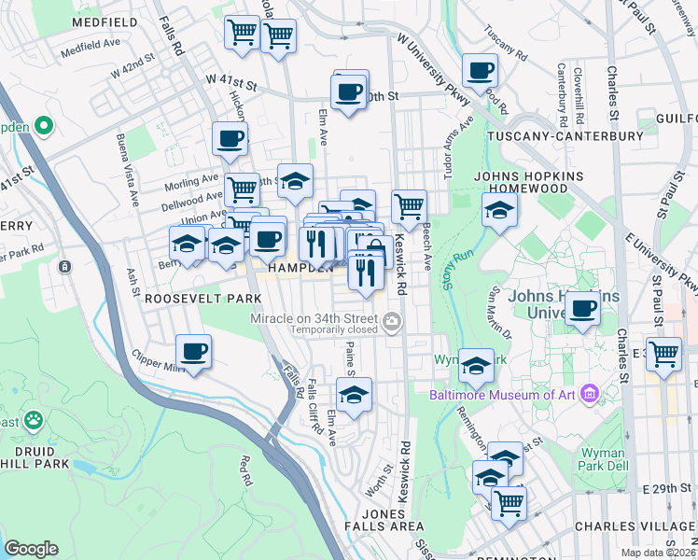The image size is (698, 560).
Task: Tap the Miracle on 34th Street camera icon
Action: [x=393, y=322]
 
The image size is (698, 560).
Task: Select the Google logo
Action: [x=31, y=549]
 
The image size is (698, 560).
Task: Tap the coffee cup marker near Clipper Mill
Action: [x=194, y=353]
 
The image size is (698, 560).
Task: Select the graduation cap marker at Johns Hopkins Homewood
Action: [x=500, y=209]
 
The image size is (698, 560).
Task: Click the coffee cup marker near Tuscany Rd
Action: [x=480, y=70]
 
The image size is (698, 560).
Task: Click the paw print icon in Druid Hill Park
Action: [x=34, y=419]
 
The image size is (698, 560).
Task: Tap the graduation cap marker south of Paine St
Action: [x=354, y=396]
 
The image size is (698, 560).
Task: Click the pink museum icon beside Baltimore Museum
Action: [x=588, y=393]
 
